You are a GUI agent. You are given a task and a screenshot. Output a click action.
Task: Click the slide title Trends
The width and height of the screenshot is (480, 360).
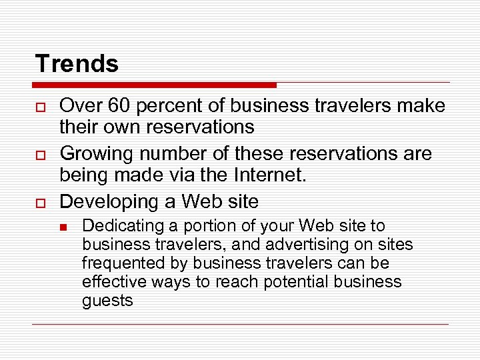pyautogui.click(x=77, y=64)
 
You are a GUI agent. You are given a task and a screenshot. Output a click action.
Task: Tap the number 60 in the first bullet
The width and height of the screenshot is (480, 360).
pyautogui.click(x=116, y=106)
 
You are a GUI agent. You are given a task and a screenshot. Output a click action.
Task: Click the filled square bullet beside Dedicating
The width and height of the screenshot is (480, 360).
pyautogui.click(x=63, y=227)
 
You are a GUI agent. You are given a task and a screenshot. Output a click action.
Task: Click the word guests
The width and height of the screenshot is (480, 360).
pyautogui.click(x=107, y=301)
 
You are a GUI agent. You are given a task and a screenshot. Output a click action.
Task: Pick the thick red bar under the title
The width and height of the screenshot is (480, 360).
pyautogui.click(x=155, y=85)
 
